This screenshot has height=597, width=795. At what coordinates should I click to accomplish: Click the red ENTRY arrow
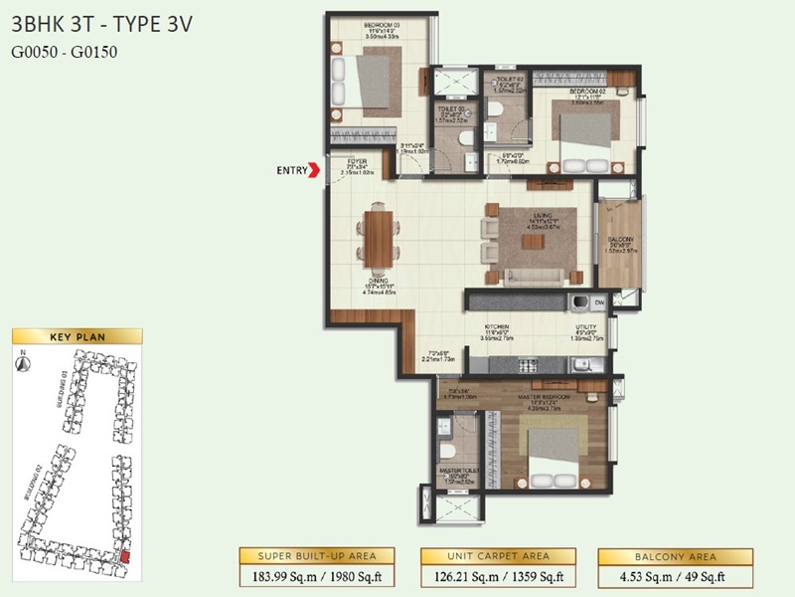point(316,170)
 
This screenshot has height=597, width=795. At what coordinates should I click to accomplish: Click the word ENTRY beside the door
point(291,171)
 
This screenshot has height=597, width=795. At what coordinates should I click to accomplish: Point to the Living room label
point(543,221)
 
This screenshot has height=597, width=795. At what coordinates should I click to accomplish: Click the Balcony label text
point(620,242)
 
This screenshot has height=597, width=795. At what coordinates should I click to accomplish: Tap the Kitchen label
point(497,327)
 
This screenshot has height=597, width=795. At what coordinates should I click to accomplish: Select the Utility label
point(585,327)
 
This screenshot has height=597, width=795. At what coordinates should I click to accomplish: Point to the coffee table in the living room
point(534,242)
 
